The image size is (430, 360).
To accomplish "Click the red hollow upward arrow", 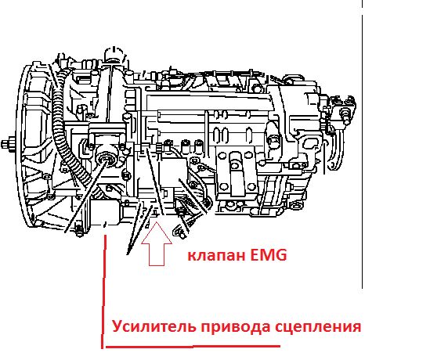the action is click(157, 244).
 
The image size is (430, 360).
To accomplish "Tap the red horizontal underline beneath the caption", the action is click(193, 347).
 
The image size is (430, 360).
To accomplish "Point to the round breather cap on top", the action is click(114, 54).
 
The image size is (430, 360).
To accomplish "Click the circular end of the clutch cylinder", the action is click(106, 158).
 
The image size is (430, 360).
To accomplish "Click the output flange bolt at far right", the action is click(345, 113).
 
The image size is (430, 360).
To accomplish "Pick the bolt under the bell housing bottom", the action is click(79, 231).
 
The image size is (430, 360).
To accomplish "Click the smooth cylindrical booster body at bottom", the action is click(105, 213).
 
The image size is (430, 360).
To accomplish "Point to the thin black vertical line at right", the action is click(363, 144).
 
